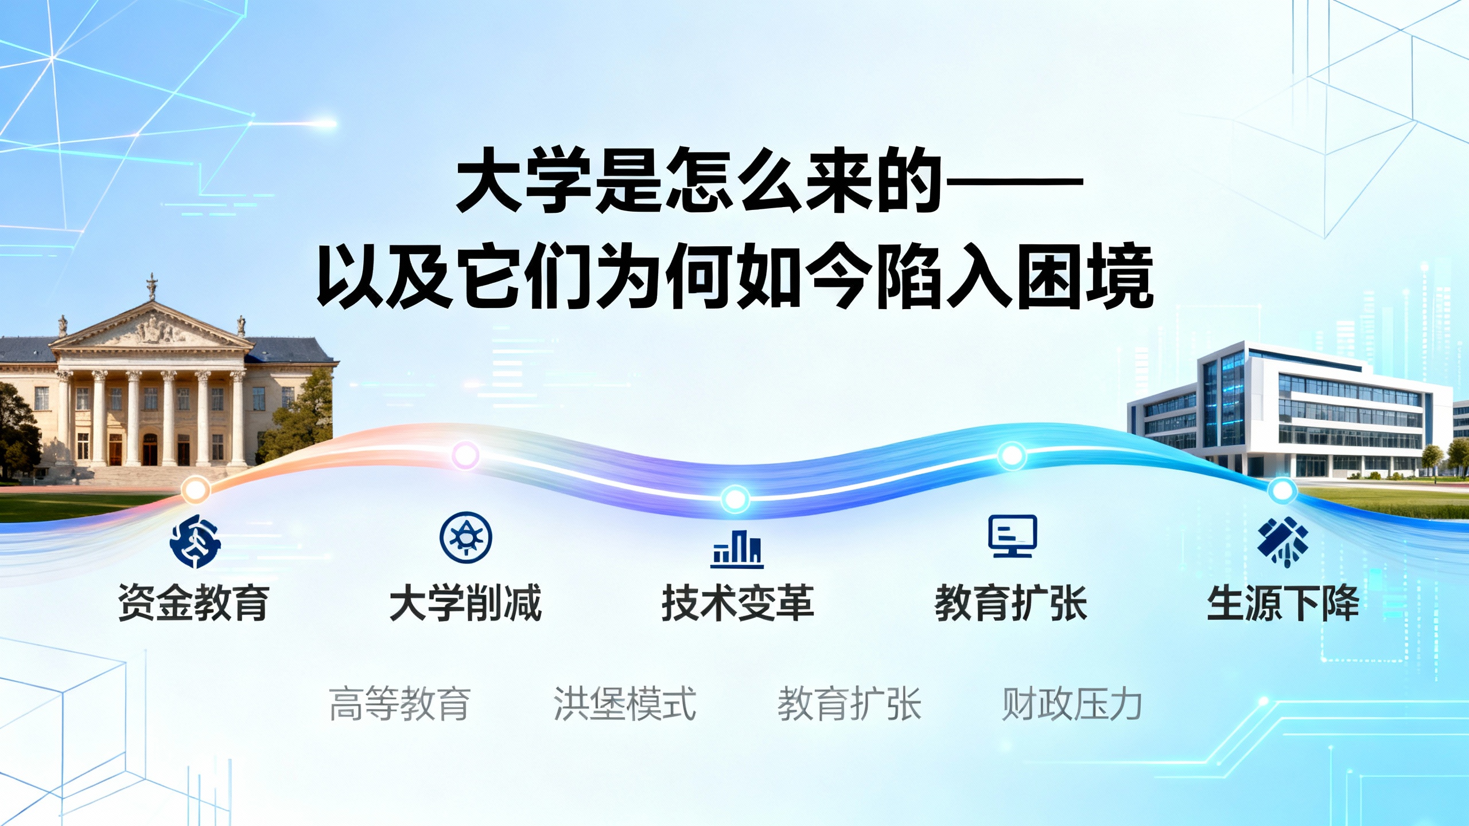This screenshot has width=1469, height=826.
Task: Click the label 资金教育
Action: pyautogui.click(x=193, y=603)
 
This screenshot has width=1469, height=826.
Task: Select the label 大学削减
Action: pyautogui.click(x=465, y=603)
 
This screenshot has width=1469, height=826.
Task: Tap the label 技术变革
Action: pyautogui.click(x=737, y=603)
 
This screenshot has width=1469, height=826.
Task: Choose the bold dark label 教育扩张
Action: pyautogui.click(x=1011, y=603)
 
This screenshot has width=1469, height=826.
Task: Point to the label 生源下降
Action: pyautogui.click(x=1283, y=603)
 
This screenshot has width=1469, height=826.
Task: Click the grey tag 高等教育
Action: pyautogui.click(x=400, y=703)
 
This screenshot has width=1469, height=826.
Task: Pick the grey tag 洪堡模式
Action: pyautogui.click(x=625, y=703)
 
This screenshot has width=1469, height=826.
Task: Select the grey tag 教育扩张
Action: pyautogui.click(x=849, y=703)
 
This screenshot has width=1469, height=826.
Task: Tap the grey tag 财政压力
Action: pyautogui.click(x=1072, y=703)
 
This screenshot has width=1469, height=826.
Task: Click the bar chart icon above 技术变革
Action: pyautogui.click(x=737, y=549)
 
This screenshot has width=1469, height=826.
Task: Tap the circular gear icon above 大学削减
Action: pyautogui.click(x=465, y=537)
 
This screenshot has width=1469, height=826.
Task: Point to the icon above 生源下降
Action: pyautogui.click(x=1283, y=540)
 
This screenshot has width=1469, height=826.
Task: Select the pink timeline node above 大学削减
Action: pyautogui.click(x=465, y=455)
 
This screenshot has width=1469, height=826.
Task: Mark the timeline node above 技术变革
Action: pyautogui.click(x=735, y=498)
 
